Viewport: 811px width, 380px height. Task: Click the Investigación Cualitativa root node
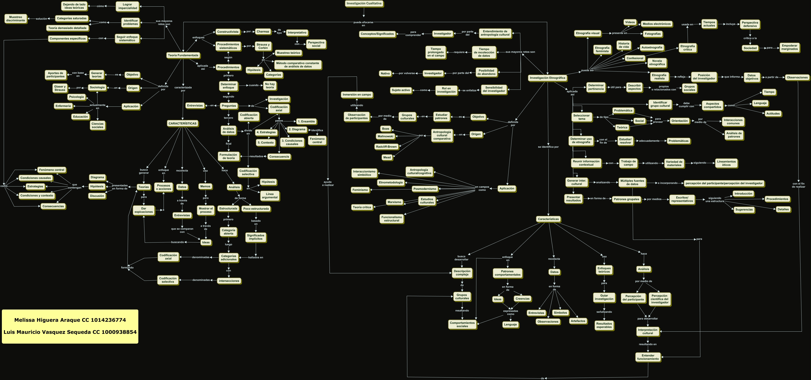click(x=364, y=4)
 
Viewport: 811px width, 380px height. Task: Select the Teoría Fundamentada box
click(x=183, y=55)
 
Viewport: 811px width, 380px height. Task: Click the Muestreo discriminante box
click(x=16, y=19)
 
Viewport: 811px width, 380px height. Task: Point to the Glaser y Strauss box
click(x=60, y=88)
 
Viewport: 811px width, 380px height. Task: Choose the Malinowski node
click(x=385, y=136)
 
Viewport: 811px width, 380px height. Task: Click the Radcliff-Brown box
click(x=386, y=147)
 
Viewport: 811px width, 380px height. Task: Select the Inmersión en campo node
click(x=357, y=94)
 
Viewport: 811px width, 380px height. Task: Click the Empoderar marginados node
click(x=789, y=47)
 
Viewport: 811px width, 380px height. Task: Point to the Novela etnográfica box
click(x=657, y=63)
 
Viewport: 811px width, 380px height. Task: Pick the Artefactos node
click(x=578, y=321)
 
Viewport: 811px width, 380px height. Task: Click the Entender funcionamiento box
click(x=648, y=357)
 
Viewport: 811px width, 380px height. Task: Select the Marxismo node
click(x=394, y=202)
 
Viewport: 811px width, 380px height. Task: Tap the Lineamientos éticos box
click(x=726, y=163)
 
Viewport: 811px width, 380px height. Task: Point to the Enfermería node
click(x=63, y=106)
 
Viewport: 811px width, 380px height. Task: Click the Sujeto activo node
click(x=401, y=90)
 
